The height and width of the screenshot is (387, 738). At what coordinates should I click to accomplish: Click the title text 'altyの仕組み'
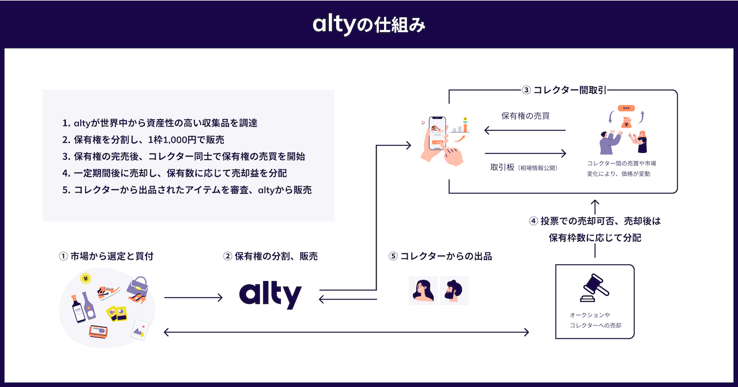369,24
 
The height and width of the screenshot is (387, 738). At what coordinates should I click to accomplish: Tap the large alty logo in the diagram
270,296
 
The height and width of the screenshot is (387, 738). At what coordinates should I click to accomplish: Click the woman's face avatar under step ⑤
423,291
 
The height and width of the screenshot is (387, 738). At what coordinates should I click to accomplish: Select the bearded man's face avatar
454,291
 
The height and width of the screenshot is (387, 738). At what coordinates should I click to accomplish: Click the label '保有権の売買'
525,116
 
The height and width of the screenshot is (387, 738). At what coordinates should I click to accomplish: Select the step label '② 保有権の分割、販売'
270,256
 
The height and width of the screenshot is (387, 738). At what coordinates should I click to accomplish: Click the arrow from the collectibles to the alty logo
193,298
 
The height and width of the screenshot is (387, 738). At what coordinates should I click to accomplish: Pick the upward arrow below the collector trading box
595,206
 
